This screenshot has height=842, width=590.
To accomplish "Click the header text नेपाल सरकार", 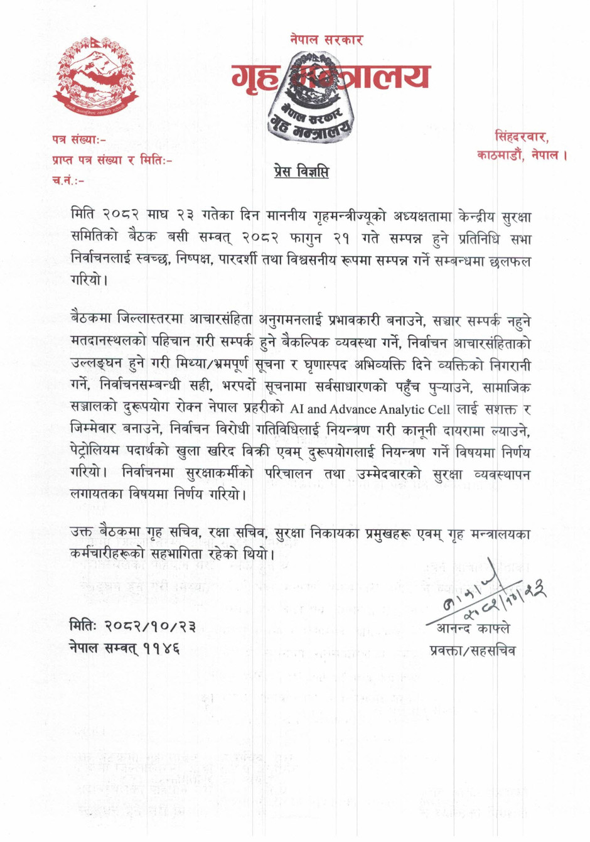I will (326, 40).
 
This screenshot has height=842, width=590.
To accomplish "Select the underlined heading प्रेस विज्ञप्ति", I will (301, 171).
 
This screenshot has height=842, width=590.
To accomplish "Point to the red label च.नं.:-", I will (67, 181).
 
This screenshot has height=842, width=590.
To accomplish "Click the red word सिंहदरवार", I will (522, 136).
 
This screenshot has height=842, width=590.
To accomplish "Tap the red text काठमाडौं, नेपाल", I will (522, 154).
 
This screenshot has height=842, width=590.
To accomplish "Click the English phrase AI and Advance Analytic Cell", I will (370, 409).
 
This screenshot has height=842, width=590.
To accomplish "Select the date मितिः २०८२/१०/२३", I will (132, 626).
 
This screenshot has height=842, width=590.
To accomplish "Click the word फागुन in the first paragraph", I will (312, 239).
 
